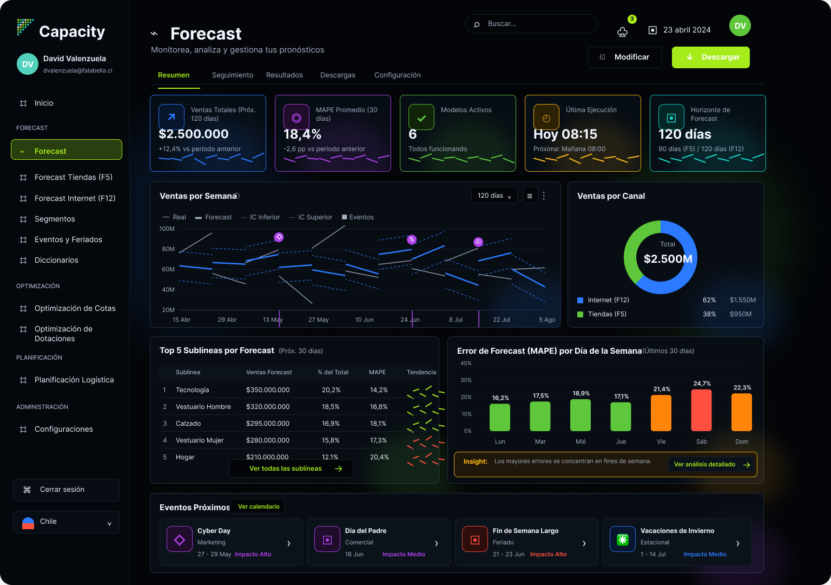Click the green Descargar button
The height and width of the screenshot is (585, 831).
tap(710, 57)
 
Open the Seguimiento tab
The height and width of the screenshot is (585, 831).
tap(233, 75)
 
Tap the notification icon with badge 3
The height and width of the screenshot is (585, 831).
tap(623, 32)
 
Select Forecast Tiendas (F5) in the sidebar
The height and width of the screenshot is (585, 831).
tap(74, 177)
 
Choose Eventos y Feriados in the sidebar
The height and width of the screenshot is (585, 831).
tap(68, 239)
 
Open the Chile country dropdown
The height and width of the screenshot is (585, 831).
tap(67, 522)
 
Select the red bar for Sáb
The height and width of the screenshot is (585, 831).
tap(701, 410)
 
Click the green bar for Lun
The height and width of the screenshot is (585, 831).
tap(500, 418)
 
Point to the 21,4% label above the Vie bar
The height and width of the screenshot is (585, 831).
tap(662, 389)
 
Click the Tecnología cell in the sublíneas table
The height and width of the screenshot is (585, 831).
tap(192, 389)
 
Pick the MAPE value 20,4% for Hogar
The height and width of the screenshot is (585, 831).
tap(379, 457)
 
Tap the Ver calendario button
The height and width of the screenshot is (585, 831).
tap(258, 506)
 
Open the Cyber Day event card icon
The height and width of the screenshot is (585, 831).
tap(180, 539)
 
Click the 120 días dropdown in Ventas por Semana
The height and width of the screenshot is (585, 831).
tap(494, 196)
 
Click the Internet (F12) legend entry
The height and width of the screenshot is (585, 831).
tap(603, 300)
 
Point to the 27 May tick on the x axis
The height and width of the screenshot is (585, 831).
tap(318, 320)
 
